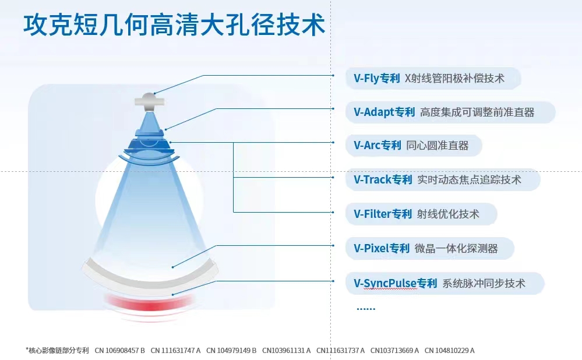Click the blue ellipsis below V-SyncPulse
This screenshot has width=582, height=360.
pyautogui.click(x=366, y=308)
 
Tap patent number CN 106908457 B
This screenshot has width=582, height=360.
pyautogui.click(x=119, y=350)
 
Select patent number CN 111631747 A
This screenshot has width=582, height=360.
pyautogui.click(x=175, y=350)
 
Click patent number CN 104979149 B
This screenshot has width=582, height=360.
pyautogui.click(x=231, y=350)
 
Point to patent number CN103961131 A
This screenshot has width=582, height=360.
pyautogui.click(x=286, y=350)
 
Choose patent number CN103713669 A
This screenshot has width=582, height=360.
pyautogui.click(x=394, y=350)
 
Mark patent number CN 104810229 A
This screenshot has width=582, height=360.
pyautogui.click(x=450, y=350)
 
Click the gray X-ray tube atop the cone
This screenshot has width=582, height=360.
pyautogui.click(x=149, y=101)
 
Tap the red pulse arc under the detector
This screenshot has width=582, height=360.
pyautogui.click(x=149, y=304)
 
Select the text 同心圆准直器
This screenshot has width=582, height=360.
pyautogui.click(x=438, y=146)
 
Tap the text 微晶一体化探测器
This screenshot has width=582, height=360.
pyautogui.click(x=456, y=248)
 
